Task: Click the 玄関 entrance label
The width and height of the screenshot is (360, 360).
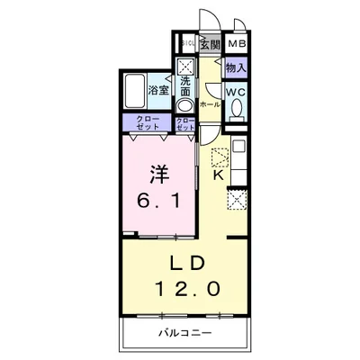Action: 211,43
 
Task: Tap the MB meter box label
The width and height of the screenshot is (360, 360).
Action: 237,43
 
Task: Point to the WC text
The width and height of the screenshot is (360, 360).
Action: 237,93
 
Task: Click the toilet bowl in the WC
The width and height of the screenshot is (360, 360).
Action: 237,110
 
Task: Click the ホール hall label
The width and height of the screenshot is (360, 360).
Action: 209,104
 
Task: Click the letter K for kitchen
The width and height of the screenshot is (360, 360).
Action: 219,175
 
